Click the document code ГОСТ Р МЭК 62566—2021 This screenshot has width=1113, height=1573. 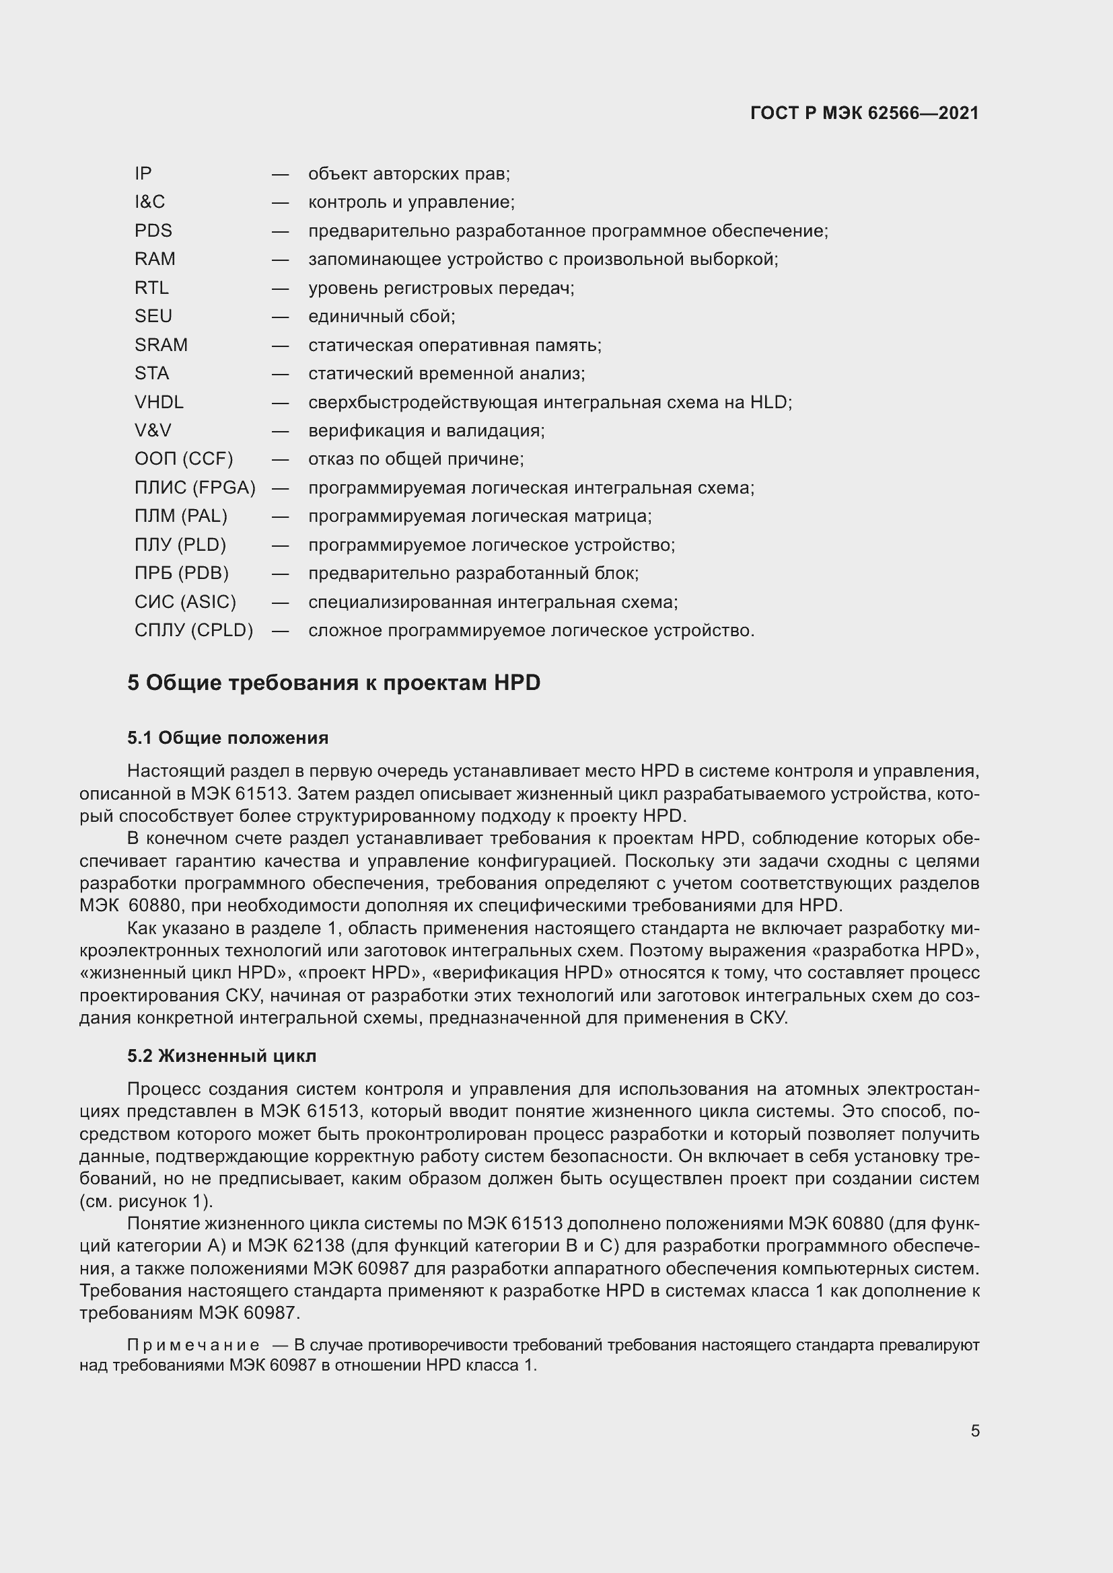coord(864,113)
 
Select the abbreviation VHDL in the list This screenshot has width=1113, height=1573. coord(159,402)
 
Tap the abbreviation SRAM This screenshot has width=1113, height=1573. coord(161,344)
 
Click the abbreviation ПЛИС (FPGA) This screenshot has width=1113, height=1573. coord(194,488)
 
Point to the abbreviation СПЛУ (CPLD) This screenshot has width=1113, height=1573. coord(194,630)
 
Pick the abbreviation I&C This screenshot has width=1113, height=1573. coord(150,202)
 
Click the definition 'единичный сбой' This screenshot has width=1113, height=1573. coord(382,317)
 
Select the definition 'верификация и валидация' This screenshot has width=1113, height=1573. coord(426,431)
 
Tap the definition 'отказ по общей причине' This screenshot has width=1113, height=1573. coord(416,459)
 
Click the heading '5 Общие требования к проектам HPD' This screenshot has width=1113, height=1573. coord(334,683)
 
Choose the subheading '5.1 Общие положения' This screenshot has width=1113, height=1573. coord(227,738)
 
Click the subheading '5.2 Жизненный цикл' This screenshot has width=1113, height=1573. coord(222,1056)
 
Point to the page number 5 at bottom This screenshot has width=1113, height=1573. coord(974,1431)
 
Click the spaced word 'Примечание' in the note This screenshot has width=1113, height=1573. coord(193,1345)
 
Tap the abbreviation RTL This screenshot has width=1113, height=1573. coord(151,288)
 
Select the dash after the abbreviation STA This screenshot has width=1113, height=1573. coord(281,373)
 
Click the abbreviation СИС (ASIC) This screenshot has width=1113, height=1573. coord(185,602)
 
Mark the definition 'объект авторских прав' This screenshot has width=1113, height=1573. coord(409,174)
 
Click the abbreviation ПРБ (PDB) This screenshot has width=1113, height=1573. coord(182,574)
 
